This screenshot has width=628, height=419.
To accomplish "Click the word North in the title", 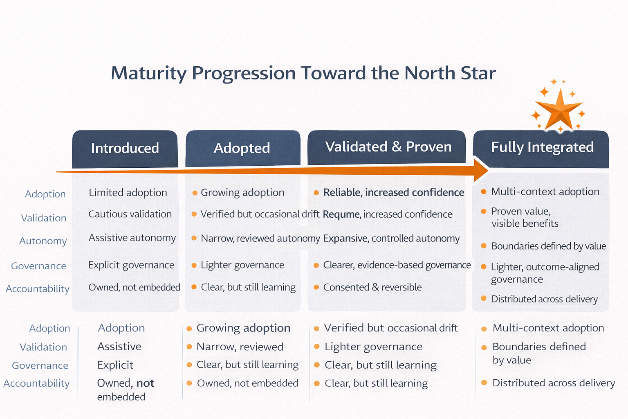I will [x=429, y=73].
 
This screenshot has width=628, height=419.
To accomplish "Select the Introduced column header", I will [x=125, y=148].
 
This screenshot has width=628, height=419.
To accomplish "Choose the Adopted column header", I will [x=242, y=148].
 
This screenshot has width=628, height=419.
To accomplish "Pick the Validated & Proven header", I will [x=388, y=147].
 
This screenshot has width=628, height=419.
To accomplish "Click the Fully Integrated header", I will [x=542, y=147].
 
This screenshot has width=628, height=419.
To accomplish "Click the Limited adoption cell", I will [x=128, y=193].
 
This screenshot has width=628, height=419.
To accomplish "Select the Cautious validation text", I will [x=130, y=214].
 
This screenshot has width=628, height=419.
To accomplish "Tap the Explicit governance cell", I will [x=131, y=265].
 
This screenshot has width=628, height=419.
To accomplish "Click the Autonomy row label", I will [x=43, y=241].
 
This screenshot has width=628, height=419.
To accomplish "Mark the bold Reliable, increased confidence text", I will [x=393, y=193].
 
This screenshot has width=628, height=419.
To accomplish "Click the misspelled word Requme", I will [x=341, y=214].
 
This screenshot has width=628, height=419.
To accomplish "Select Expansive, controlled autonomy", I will [x=391, y=239].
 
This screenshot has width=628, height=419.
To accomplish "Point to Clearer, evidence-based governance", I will [x=397, y=265].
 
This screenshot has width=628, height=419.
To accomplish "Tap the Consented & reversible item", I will [x=372, y=287].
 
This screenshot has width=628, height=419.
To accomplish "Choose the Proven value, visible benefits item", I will [x=525, y=217].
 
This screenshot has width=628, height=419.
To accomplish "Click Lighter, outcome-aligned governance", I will [x=545, y=273].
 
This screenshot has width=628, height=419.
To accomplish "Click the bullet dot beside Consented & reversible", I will [x=316, y=287].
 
